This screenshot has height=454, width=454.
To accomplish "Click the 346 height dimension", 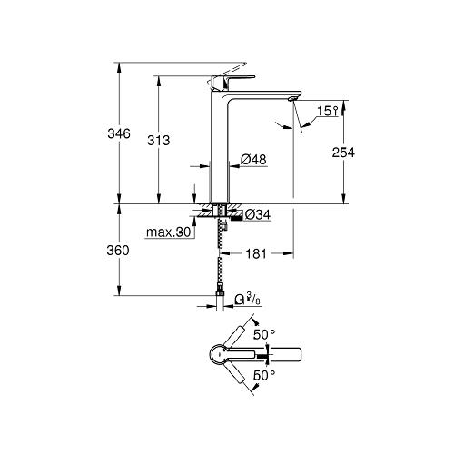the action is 119,133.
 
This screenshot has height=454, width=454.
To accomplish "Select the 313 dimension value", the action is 159,141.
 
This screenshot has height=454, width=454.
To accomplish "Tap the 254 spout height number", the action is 343,153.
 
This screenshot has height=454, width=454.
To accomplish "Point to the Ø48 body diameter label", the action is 253,160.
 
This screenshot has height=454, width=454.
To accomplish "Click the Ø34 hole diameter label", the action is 258,214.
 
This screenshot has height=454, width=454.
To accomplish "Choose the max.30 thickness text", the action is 168,232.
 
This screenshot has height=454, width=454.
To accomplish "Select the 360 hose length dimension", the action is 118,251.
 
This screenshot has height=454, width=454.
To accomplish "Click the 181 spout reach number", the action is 256,253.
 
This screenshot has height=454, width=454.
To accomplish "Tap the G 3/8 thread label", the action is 248,300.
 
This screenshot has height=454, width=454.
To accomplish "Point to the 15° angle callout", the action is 327,111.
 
